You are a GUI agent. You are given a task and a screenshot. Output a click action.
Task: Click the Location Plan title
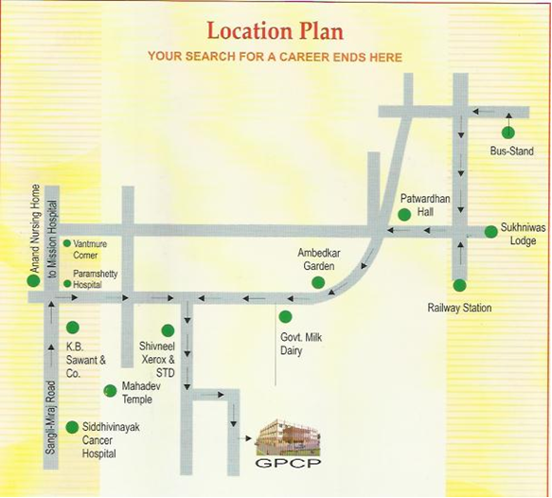coord(275,30)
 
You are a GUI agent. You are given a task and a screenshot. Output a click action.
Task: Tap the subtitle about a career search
coord(275,57)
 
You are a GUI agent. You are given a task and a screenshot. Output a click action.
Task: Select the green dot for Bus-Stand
coord(508,133)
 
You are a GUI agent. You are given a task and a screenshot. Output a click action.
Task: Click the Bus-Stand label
coord(511,151)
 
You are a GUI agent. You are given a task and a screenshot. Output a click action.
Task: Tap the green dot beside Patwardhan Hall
coord(404,215)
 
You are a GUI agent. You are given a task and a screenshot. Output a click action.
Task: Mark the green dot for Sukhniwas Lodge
coord(490,231)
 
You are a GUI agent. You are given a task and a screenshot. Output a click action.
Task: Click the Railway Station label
coord(460,309)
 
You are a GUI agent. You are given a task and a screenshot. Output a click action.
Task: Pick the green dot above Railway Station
coord(459,285)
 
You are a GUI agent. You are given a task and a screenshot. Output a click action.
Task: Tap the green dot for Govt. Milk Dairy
coord(285,315)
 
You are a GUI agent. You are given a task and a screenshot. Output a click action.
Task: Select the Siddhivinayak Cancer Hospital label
coord(111,441)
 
